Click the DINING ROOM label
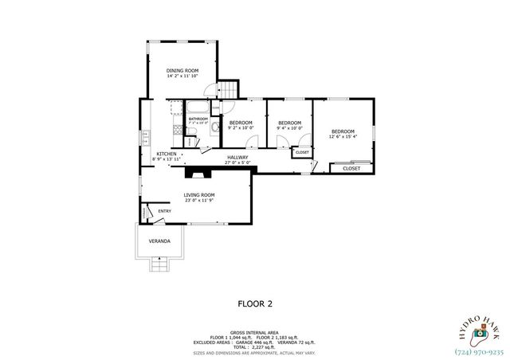coord(182,71)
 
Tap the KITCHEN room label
coord(167,154)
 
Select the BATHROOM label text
coord(198,119)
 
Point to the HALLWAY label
coord(237,157)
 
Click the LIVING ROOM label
coord(199,194)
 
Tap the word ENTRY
coord(164,211)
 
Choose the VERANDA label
coord(160,241)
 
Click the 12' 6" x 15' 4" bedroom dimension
coord(343,137)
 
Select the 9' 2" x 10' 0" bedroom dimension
coord(241,127)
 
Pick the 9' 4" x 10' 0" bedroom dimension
coord(288,127)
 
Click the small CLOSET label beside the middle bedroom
coord(302,151)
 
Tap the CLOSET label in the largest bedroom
coord(351,168)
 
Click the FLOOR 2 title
coord(255,303)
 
